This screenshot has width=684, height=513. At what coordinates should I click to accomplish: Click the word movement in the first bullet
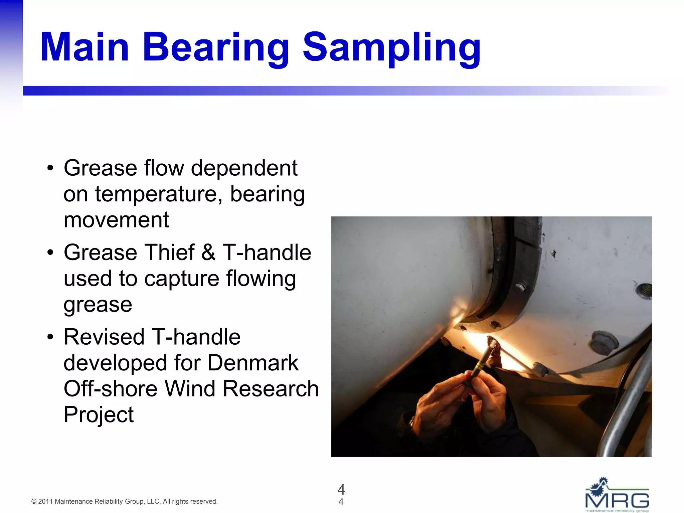[116, 220]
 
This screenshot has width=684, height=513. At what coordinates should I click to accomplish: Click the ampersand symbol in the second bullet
[208, 252]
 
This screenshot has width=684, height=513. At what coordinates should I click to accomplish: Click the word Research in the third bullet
[271, 389]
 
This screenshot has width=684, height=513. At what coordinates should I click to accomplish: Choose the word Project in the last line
[99, 415]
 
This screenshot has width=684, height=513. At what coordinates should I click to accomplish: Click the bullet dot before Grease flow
[50, 168]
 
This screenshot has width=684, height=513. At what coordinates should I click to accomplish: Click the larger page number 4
[341, 489]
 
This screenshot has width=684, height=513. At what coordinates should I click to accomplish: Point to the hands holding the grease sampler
[468, 401]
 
